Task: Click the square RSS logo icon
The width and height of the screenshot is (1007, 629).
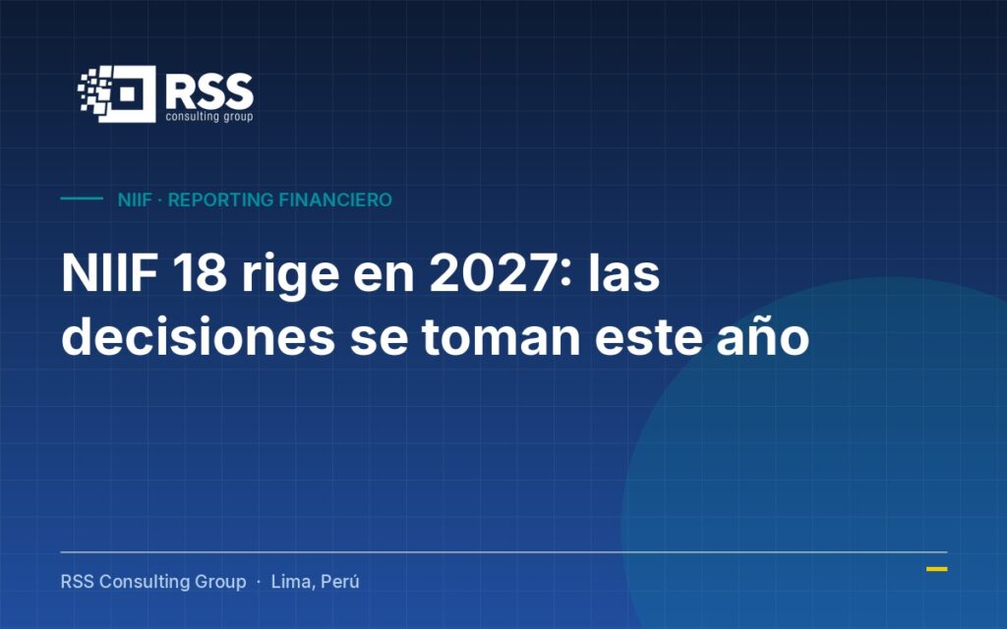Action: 118,93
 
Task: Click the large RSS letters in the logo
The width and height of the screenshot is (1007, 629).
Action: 209,91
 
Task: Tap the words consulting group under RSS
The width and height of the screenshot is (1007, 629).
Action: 209,116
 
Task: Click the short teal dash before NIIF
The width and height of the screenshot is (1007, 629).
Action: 82,199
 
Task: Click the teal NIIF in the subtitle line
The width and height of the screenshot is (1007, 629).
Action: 135,200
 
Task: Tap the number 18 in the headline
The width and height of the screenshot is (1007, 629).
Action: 200,273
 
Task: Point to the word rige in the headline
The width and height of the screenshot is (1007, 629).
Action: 290,277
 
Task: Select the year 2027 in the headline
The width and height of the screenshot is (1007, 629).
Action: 492,273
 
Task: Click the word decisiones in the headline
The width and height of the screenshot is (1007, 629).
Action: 199,336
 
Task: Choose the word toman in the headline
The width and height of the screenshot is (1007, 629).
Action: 502,337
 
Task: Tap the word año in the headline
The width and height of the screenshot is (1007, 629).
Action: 763,337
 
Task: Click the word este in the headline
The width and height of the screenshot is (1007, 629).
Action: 649,338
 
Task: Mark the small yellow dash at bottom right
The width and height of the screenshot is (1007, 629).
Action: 937,569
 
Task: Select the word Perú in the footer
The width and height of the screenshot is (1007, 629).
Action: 339,582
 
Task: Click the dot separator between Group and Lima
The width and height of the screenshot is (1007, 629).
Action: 259,582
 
